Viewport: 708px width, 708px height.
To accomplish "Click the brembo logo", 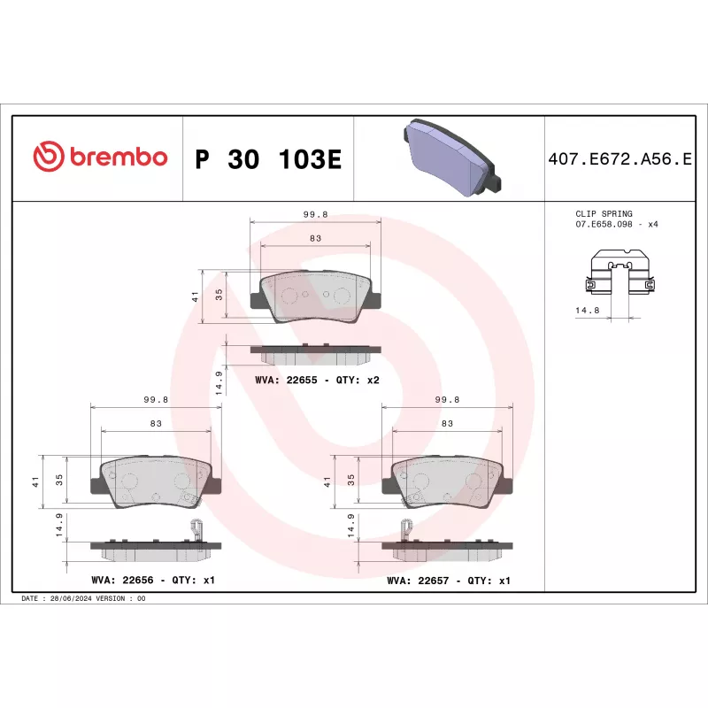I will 100,158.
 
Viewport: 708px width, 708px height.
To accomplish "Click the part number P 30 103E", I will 266,159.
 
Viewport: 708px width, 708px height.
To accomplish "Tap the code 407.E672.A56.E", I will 619,159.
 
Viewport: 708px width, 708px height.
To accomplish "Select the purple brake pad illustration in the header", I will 450,157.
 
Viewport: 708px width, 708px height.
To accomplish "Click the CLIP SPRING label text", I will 604,214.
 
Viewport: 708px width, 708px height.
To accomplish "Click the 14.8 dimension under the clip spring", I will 588,311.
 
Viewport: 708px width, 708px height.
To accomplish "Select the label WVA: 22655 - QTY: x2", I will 317,379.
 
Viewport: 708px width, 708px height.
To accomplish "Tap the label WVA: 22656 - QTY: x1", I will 153,581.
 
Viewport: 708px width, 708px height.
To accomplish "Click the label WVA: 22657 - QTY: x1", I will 449,581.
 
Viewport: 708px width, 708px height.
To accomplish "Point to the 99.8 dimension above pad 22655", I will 316,214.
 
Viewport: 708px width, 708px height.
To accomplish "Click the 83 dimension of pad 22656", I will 156,424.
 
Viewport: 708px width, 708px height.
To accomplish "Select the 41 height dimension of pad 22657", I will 327,482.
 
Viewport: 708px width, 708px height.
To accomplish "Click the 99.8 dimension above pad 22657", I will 448,399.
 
